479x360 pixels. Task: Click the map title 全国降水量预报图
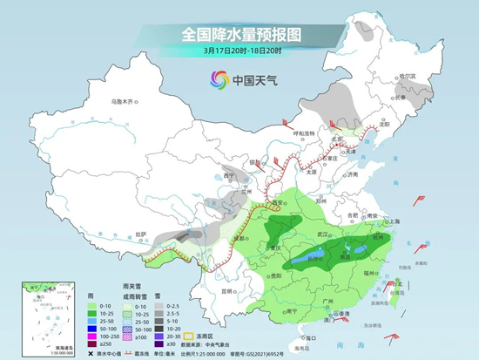pyautogui.click(x=239, y=34)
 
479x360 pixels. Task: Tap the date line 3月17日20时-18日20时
pyautogui.click(x=239, y=51)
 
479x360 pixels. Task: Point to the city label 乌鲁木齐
pyautogui.click(x=125, y=102)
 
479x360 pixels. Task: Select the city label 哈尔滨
pyautogui.click(x=422, y=78)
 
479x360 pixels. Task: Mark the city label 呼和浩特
pyautogui.click(x=302, y=132)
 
